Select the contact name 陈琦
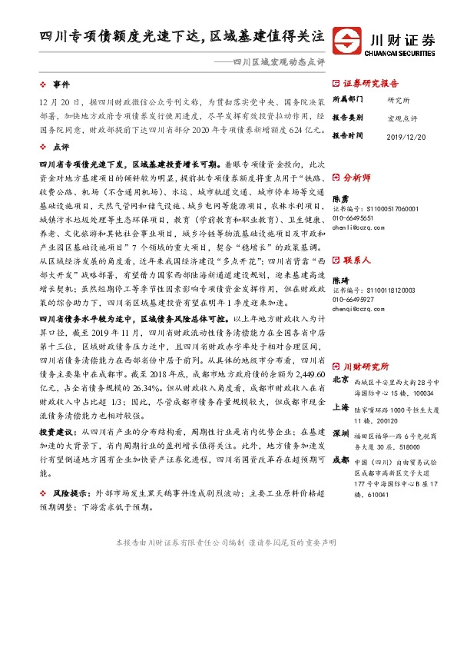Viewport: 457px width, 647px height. [x=340, y=282]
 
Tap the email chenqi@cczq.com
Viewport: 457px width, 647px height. [x=358, y=310]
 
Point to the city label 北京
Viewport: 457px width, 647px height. [x=341, y=380]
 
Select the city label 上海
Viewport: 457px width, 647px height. [x=341, y=407]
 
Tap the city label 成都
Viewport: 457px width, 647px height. [x=341, y=461]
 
